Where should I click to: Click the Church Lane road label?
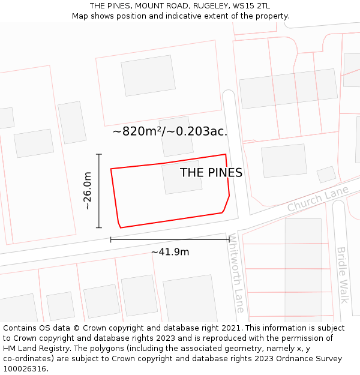pos(317,199)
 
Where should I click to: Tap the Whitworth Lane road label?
pos(236,273)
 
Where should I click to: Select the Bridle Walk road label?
pos(342,275)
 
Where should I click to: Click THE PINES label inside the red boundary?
pos(211,173)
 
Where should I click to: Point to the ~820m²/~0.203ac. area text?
pos(170,131)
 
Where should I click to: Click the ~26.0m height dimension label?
pos(88,190)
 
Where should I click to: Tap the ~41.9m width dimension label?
pos(170,252)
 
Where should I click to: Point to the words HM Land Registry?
pos(35,349)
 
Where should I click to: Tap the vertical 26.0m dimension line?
pos(99,191)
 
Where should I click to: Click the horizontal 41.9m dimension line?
pos(170,239)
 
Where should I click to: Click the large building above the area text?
pos(148,76)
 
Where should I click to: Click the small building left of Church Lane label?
pos(326,174)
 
